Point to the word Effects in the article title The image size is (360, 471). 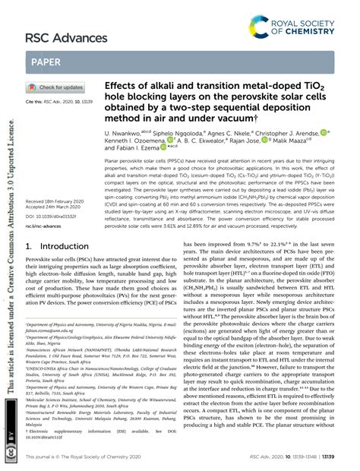point(121,85)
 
